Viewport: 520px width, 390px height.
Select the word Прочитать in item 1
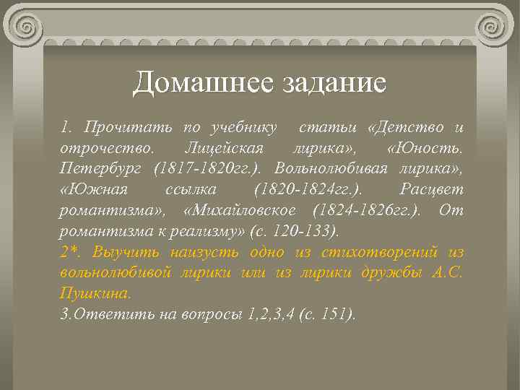(128, 129)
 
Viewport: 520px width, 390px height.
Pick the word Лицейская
(224, 149)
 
